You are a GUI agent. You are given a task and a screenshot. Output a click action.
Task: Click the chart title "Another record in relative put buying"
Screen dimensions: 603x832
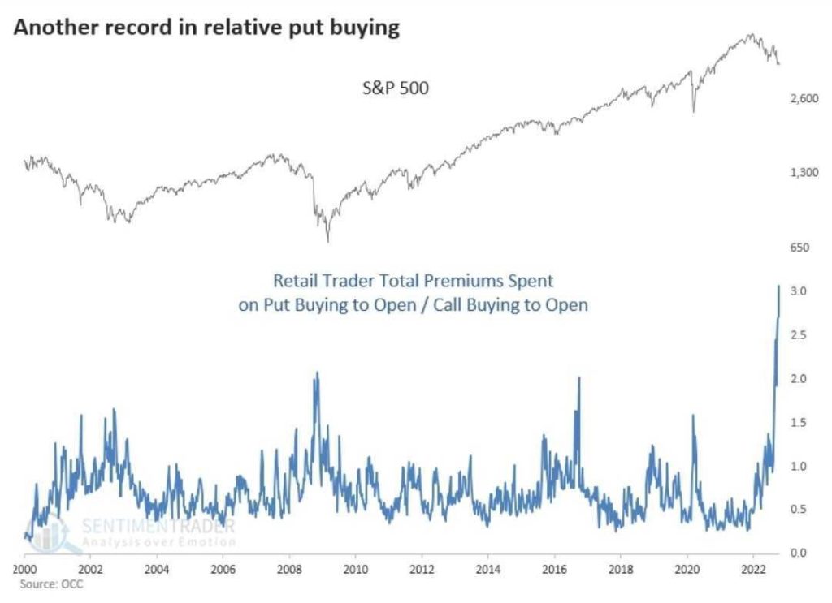pos(206,28)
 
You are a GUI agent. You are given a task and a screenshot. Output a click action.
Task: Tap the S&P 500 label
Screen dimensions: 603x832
pos(395,87)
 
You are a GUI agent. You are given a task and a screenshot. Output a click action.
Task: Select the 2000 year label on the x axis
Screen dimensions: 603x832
pos(24,568)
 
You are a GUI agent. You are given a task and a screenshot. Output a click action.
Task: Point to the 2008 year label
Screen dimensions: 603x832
pos(289,568)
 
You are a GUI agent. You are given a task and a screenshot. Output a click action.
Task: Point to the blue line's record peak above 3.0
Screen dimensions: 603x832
pos(778,286)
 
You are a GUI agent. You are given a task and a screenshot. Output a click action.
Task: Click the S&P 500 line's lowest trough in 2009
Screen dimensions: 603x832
pos(328,241)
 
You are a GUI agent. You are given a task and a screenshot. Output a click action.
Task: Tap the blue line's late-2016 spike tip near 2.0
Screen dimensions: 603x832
pos(579,378)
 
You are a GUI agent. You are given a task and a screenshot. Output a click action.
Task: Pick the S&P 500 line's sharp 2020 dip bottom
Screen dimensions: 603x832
pos(694,111)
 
